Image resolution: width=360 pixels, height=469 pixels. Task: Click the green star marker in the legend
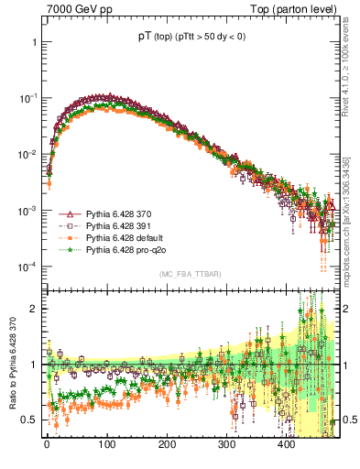tap(70, 249)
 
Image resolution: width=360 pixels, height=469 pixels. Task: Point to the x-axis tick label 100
tap(106, 442)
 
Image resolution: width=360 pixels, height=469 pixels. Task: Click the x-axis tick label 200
tap(167, 442)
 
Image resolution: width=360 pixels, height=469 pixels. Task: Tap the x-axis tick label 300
tap(226, 442)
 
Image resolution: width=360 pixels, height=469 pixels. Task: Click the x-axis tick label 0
tap(47, 442)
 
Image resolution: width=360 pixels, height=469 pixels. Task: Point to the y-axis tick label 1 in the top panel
tap(34, 42)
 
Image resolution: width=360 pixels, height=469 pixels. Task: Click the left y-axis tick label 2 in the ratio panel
tap(34, 309)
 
